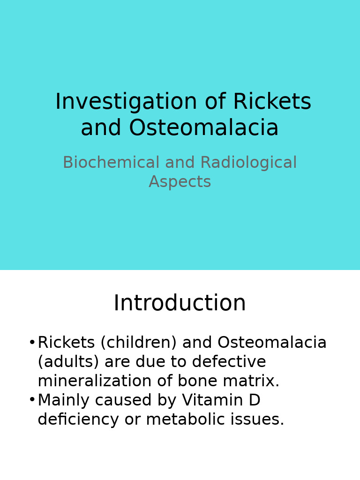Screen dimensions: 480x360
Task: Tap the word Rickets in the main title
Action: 272,102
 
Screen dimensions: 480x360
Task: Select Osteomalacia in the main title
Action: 203,128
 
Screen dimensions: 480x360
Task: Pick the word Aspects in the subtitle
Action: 180,182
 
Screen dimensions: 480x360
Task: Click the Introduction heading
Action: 180,303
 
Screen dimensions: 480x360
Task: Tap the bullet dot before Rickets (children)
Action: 32,343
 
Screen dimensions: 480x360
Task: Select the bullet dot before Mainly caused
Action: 32,400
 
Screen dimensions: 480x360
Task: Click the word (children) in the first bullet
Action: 138,343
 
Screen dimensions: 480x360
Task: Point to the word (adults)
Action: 68,362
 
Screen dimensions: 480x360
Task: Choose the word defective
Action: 229,362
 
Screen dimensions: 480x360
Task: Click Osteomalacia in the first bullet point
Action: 272,343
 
